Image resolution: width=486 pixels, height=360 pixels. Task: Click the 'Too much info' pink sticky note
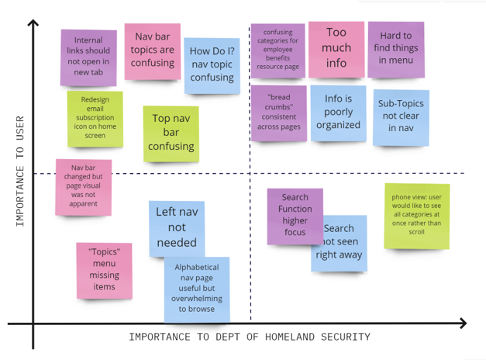coord(336,50)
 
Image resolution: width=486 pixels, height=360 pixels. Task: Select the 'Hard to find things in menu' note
coord(396,50)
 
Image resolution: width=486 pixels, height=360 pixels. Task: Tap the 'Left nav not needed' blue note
coord(177,229)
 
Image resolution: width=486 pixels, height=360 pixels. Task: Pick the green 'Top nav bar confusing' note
coord(171,133)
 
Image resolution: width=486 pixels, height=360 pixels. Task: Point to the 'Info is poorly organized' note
coord(339,113)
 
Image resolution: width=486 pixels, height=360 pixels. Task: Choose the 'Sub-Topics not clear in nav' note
coord(401,118)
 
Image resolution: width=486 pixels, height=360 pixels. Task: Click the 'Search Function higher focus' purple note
coord(295,216)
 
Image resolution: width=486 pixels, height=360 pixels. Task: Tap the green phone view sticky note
coord(417,216)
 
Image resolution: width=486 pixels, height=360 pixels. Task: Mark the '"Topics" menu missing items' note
coord(105,271)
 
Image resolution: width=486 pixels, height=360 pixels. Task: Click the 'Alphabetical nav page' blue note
coord(197,289)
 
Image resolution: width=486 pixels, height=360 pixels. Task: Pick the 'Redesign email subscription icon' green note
coord(95,119)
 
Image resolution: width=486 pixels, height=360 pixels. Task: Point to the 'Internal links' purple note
coord(88,57)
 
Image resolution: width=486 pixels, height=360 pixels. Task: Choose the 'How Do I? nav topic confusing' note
coord(212,66)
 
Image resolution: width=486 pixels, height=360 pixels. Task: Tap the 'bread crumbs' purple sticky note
coord(279,113)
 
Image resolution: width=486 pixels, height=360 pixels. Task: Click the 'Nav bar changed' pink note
coord(84,187)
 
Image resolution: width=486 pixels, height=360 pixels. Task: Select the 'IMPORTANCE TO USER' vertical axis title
coord(20,171)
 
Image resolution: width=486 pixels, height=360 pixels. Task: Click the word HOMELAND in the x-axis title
coord(290,337)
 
